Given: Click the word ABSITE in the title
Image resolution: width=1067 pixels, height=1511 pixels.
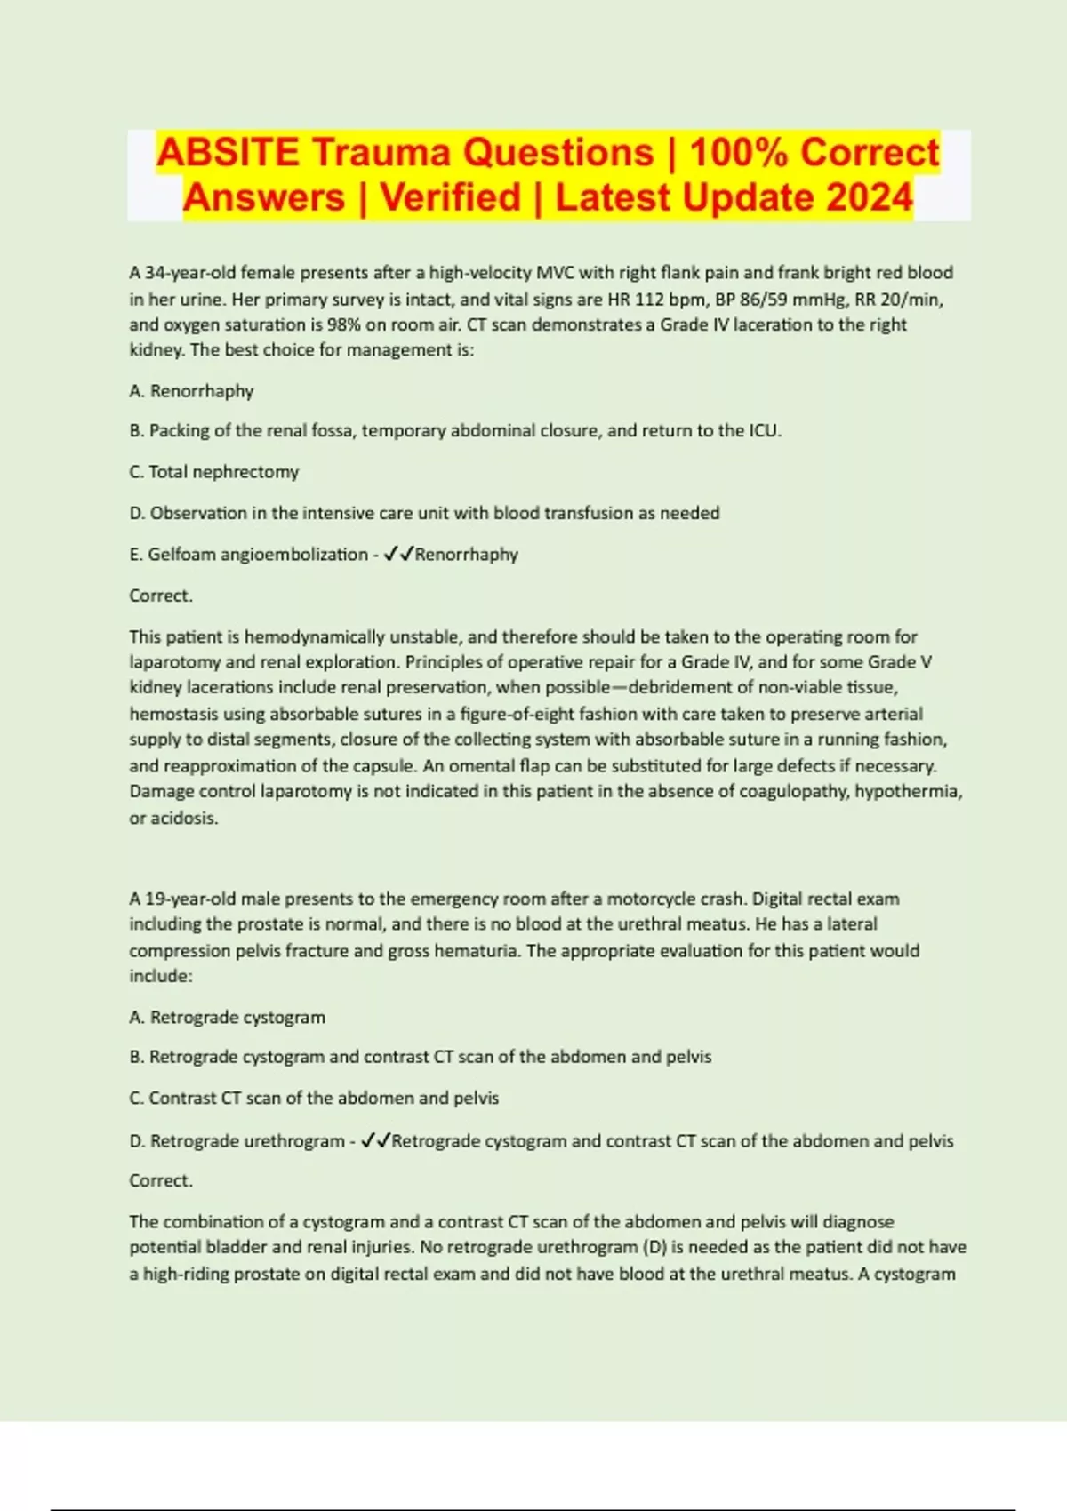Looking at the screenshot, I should (228, 152).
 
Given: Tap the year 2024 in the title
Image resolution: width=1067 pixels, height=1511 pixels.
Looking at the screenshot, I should (869, 197).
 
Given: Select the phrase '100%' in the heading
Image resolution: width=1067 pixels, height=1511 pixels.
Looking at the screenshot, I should (739, 152).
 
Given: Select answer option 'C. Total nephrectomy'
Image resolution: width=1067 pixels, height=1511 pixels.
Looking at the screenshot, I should (214, 471).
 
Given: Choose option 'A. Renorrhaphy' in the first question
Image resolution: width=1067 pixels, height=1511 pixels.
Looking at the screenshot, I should (191, 391).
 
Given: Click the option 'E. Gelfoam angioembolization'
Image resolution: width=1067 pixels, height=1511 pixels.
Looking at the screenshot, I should (248, 554).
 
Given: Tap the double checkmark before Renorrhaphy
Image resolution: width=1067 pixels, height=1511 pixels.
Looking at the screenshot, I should (397, 554).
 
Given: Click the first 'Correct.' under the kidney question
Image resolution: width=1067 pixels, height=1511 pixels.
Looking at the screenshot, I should (161, 596).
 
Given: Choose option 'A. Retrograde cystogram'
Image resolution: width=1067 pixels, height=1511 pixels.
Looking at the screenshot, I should (228, 1017).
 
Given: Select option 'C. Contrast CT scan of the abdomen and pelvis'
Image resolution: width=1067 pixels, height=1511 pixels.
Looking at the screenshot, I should (314, 1098).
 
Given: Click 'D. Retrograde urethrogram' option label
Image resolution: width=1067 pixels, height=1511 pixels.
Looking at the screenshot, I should (237, 1140).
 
